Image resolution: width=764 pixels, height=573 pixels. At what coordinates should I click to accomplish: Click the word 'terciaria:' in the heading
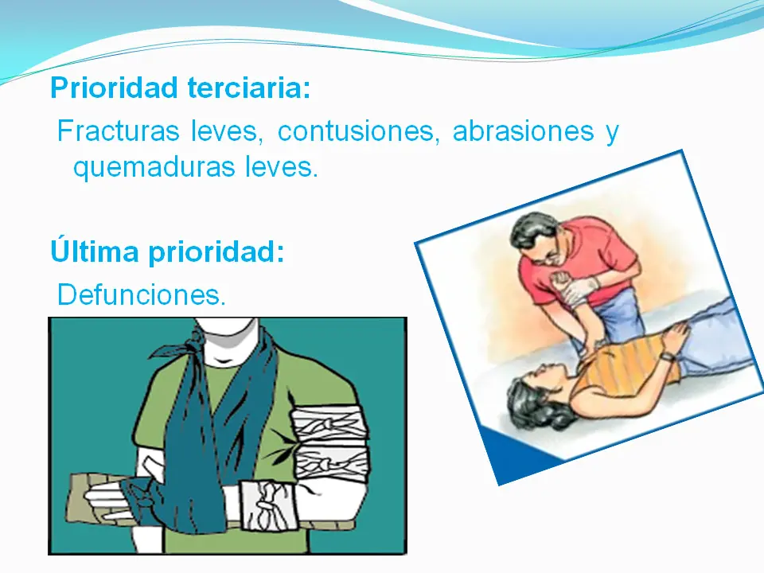(x=248, y=88)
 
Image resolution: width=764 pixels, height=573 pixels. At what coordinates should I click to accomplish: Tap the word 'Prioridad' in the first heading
(x=114, y=88)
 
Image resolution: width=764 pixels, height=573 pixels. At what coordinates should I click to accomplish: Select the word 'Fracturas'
(x=119, y=131)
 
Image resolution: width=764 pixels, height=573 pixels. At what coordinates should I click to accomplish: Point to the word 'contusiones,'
(x=359, y=131)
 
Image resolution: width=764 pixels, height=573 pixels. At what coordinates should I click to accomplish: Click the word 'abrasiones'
(x=524, y=131)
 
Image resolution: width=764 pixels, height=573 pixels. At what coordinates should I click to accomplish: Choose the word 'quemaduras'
(x=154, y=168)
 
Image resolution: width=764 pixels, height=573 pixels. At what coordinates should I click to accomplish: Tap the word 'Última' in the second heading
(x=95, y=251)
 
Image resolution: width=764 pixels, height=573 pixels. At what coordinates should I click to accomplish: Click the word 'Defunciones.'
(x=142, y=294)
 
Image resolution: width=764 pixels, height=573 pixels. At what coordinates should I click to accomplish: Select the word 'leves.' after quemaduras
(x=282, y=166)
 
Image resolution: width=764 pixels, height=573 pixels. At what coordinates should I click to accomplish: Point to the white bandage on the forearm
(x=268, y=505)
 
